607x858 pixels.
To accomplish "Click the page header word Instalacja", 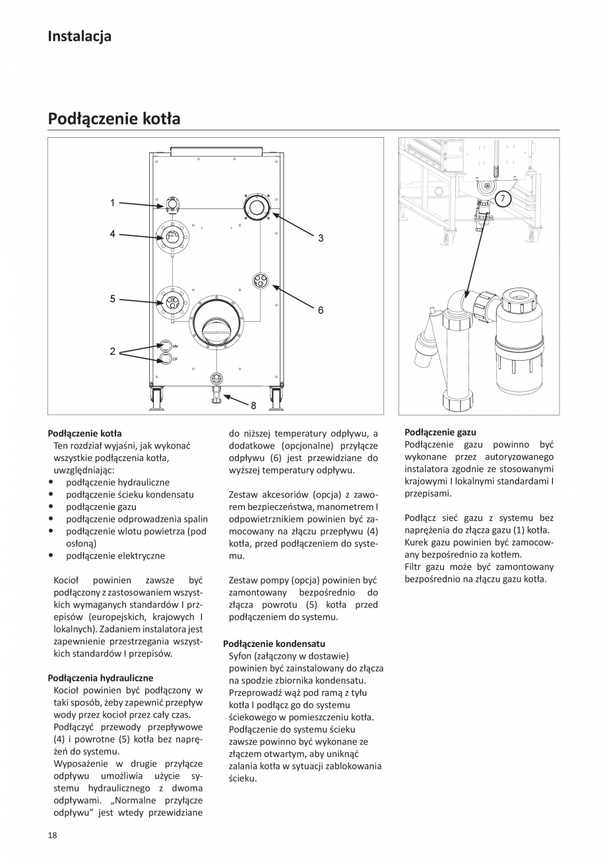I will pos(79,36).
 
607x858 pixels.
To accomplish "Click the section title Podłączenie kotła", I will pos(113,119).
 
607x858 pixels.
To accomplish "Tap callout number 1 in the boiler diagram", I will pos(112,203).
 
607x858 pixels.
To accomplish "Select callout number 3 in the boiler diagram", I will pos(321,238).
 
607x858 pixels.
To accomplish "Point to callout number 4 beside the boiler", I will pos(112,233).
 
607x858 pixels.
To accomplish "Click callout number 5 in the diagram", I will pos(112,299).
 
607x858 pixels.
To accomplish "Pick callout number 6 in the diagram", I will pos(321,309).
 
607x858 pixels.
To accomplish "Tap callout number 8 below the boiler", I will pos(253,406).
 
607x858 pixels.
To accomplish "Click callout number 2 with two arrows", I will pos(112,352).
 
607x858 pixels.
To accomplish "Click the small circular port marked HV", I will pos(166,346).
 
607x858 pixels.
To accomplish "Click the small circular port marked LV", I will pos(166,359).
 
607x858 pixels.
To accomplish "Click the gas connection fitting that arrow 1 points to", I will pos(172,204).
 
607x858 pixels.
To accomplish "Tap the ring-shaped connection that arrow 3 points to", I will pos(256,208).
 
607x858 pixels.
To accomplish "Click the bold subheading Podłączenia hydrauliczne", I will pos(100,677).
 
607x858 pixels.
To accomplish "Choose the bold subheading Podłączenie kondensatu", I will pos(274,643).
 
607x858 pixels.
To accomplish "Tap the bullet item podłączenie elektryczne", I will pos(115,556).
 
